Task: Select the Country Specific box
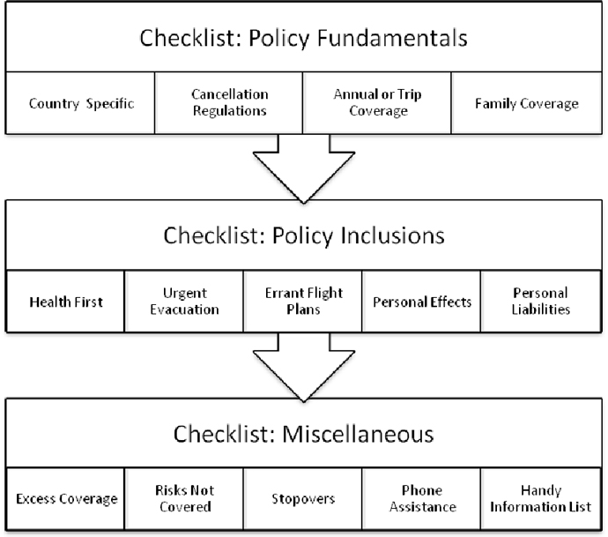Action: pos(81,103)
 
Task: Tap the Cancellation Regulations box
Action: pos(229,103)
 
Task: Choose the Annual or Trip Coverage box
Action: pos(377,103)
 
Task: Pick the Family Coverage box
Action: pos(526,103)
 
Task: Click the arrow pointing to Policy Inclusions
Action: pos(303,168)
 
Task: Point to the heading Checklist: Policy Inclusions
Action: pos(304,237)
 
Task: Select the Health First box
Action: pos(66,302)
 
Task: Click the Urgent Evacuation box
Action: pos(184,302)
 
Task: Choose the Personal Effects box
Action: pos(421,302)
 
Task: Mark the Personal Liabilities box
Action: pos(540,302)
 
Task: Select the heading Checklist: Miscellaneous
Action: pos(304,435)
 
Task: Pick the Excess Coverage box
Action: pos(66,499)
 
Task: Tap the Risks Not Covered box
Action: pos(184,499)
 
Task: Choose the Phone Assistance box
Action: pos(421,499)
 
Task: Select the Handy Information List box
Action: pos(540,499)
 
